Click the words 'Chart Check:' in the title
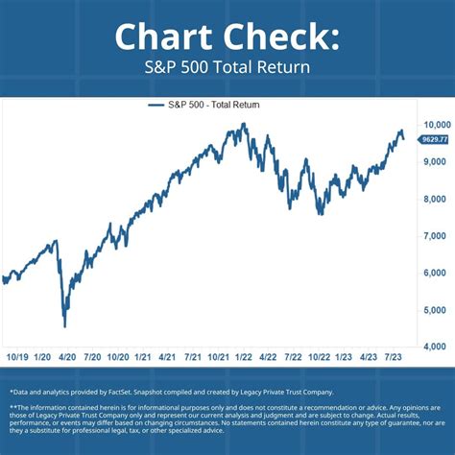pos(227,36)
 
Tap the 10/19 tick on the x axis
pos(17,357)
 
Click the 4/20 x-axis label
pos(66,357)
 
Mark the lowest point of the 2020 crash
pos(64,326)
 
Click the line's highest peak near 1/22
pos(244,124)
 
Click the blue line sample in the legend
pos(157,105)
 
